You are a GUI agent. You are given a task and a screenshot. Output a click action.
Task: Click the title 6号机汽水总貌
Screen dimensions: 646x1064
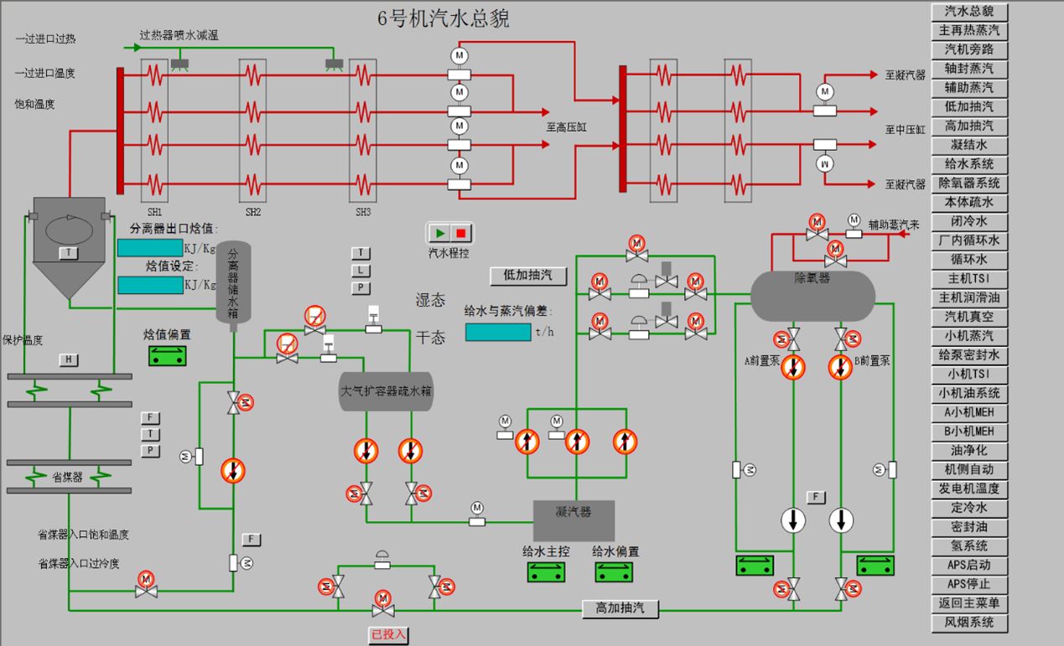pos(444,19)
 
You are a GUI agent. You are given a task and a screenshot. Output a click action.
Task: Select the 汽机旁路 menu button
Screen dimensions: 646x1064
pos(969,49)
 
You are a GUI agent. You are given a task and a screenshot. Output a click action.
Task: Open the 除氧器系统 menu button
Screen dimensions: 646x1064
pos(969,183)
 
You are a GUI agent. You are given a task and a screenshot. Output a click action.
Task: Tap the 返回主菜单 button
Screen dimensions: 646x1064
pos(969,603)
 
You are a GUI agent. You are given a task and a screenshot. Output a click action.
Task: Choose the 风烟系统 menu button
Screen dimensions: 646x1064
pos(969,623)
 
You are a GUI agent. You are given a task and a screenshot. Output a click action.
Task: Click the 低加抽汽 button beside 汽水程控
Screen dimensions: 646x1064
pos(528,276)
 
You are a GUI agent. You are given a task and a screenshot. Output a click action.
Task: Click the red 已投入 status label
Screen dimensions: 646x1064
pos(388,636)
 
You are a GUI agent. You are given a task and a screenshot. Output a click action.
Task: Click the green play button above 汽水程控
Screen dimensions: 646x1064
pos(441,233)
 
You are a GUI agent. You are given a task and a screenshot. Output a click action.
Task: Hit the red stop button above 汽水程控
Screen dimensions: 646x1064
pos(461,233)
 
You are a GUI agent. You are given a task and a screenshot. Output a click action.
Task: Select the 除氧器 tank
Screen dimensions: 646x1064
pos(812,295)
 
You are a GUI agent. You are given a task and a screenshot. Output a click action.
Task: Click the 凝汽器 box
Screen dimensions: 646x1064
pos(574,520)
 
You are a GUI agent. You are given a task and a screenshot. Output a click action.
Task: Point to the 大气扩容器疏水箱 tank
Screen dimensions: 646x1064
pos(386,391)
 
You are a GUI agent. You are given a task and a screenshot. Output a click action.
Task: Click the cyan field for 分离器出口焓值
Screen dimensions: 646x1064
pos(149,248)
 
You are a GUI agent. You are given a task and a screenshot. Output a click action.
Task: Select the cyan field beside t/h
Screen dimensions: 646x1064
pos(497,332)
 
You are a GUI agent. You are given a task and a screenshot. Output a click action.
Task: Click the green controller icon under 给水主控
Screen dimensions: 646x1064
pos(546,572)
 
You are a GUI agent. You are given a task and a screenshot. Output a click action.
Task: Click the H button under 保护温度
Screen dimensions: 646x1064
pos(68,360)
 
